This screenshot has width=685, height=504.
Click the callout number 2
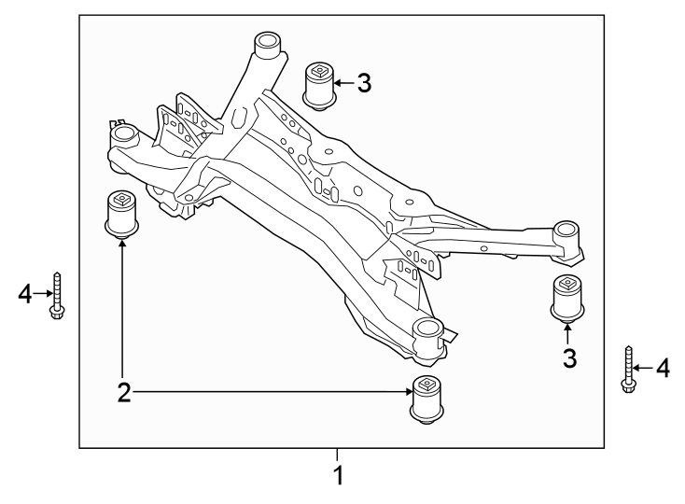tap(123, 393)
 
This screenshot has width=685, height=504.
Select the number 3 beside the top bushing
tap(363, 83)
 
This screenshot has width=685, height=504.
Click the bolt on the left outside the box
tap(58, 296)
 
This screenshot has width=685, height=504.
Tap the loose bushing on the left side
tap(120, 214)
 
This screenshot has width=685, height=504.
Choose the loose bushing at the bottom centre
tap(426, 399)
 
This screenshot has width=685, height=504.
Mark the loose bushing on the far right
tap(566, 297)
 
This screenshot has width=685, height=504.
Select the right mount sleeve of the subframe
tap(566, 233)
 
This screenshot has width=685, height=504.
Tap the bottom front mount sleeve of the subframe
tap(426, 333)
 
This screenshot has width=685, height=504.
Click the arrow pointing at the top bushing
tap(342, 83)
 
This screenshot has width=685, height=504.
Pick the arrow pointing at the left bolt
tap(45, 295)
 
